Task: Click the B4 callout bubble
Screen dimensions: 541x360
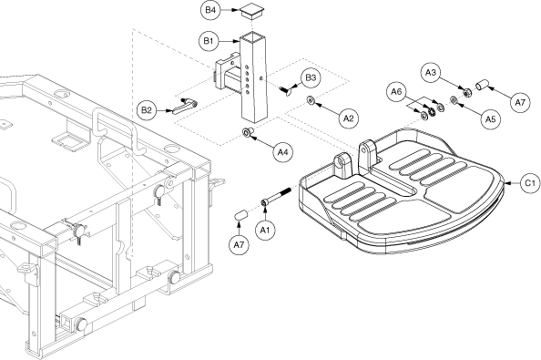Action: click(210, 10)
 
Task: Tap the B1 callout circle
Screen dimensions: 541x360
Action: click(209, 41)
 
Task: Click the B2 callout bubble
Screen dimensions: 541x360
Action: click(147, 110)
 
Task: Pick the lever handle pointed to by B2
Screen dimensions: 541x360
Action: click(185, 106)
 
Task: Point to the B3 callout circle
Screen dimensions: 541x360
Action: click(311, 77)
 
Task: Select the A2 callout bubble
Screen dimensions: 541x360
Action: click(349, 118)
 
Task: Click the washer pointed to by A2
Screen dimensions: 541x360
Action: click(311, 100)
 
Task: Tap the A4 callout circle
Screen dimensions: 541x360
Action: click(283, 152)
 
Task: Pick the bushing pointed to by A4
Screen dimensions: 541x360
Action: click(248, 132)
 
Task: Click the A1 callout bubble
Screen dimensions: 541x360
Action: click(265, 230)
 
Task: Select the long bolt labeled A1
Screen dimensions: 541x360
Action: click(277, 197)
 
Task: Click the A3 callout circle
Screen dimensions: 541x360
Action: click(431, 73)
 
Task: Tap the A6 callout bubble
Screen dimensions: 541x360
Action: click(397, 92)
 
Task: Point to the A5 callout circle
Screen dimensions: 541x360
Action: click(490, 119)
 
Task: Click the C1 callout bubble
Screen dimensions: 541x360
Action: click(530, 183)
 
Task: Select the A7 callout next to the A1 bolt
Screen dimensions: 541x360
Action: click(239, 245)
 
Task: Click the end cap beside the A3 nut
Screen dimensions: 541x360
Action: click(483, 84)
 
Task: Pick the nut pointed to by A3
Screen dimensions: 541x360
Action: click(467, 92)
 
